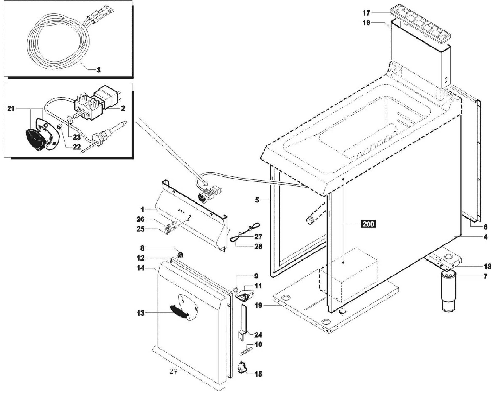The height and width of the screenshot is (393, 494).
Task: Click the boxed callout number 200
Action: click(368, 224)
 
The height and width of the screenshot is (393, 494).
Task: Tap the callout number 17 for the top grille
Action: click(366, 13)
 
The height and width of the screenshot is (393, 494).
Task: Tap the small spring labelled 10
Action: click(246, 351)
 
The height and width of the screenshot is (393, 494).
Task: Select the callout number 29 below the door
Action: click(174, 371)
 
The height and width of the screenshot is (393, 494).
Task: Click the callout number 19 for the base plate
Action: click(258, 305)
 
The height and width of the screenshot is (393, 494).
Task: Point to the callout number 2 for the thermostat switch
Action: click(123, 108)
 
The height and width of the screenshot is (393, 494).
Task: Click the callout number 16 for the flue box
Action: click(366, 23)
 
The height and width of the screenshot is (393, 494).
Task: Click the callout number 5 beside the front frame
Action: click(257, 200)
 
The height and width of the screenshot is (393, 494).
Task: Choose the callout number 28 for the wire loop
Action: click(258, 246)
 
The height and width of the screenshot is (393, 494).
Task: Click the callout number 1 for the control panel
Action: click(142, 209)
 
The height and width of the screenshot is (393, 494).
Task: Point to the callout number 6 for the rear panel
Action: click(485, 227)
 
